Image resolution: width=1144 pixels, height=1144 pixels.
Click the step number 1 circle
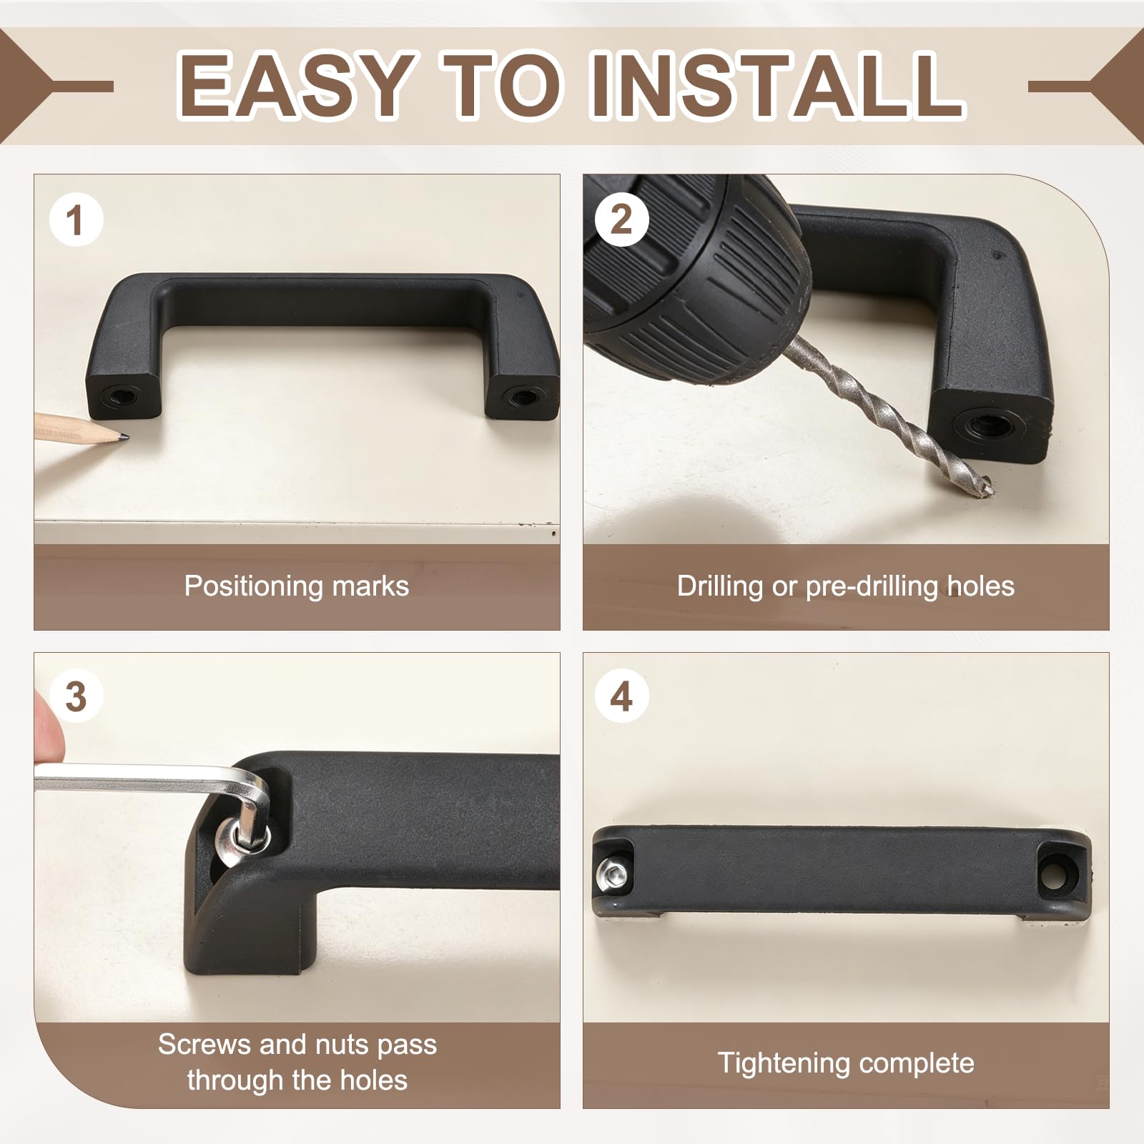click(x=77, y=220)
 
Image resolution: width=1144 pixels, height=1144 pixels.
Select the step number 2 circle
click(x=621, y=220)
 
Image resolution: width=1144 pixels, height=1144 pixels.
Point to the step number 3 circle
click(x=77, y=696)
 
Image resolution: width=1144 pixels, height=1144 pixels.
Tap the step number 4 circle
click(x=621, y=696)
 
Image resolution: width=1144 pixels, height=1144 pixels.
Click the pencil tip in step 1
click(x=127, y=434)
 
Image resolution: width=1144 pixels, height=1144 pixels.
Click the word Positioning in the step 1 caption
click(x=244, y=586)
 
